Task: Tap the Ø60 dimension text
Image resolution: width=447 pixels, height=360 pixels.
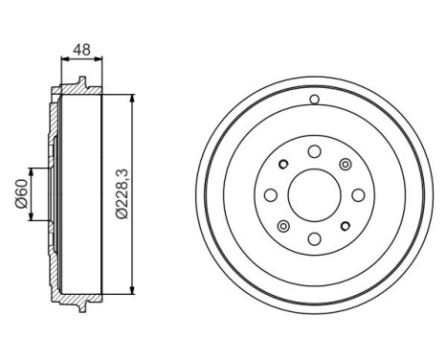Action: [x=20, y=194]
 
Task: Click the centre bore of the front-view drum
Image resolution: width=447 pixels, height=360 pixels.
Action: [x=314, y=194]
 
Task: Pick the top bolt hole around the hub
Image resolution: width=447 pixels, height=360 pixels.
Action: [x=314, y=150]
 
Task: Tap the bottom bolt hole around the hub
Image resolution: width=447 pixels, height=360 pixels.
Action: [x=314, y=239]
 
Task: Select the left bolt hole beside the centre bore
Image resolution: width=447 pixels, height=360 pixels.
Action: [x=270, y=195]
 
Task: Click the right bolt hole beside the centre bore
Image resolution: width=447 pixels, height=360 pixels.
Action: [x=358, y=194]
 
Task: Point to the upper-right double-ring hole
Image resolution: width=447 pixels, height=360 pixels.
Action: [x=346, y=164]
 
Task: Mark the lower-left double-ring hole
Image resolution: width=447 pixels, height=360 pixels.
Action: [x=282, y=226]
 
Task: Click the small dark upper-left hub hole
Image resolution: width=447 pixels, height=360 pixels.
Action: [x=283, y=164]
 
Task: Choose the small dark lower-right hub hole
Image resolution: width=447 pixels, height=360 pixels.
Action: [x=346, y=226]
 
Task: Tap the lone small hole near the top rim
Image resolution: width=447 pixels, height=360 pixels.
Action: [x=314, y=100]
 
